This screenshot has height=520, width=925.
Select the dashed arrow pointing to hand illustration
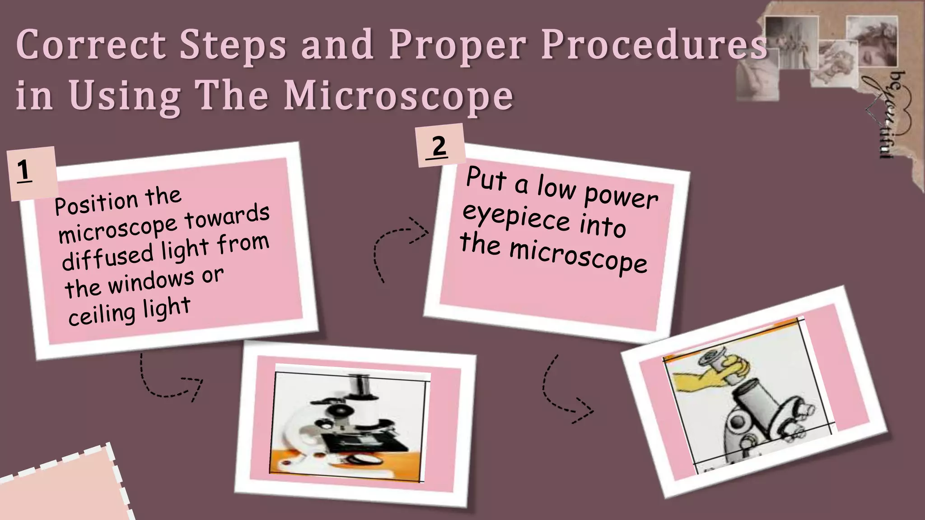tap(565, 393)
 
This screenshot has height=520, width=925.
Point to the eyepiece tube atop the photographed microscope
tap(359, 386)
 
